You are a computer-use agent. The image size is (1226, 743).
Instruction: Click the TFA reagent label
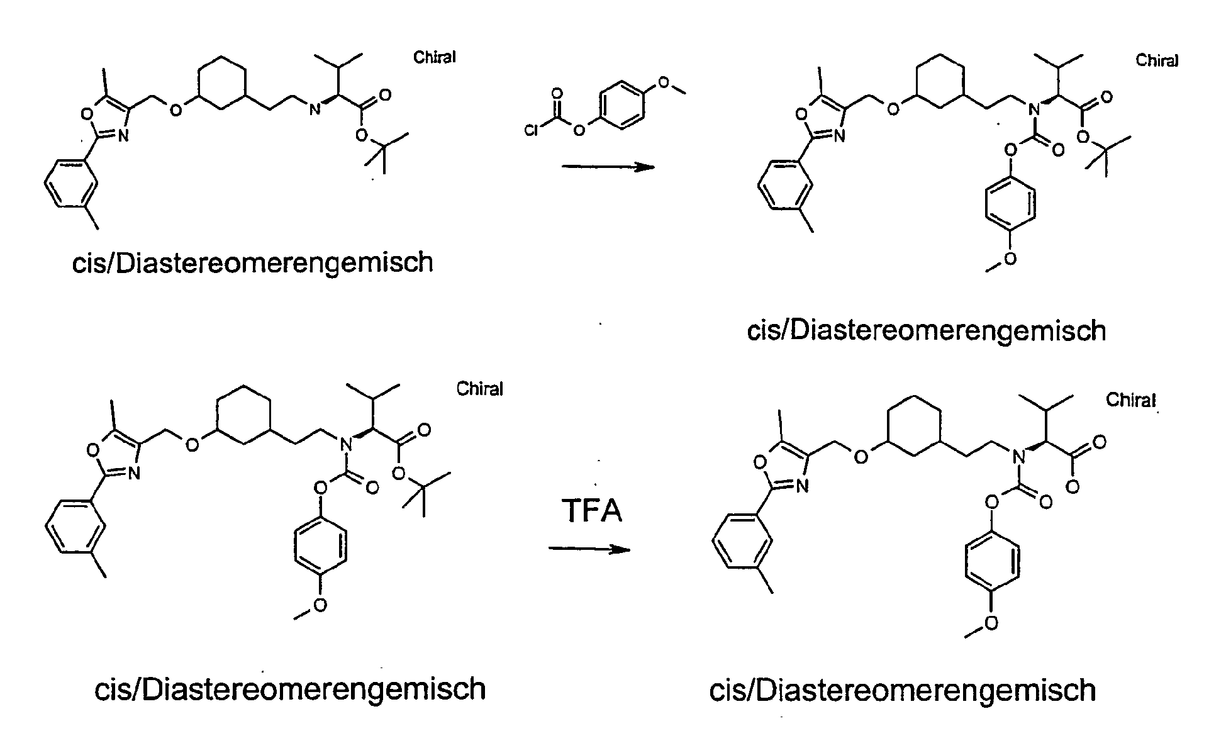click(592, 510)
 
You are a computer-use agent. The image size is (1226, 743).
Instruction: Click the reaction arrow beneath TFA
click(589, 549)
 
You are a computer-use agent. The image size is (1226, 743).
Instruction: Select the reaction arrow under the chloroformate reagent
click(608, 167)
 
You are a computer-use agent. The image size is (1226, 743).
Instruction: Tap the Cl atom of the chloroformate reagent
click(532, 130)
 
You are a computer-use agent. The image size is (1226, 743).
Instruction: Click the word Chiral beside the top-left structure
click(434, 57)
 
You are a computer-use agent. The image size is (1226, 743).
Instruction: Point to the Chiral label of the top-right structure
click(1156, 60)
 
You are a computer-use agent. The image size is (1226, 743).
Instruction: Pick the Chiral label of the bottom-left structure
click(479, 389)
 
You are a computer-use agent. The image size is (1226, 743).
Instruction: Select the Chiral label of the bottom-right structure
click(1130, 400)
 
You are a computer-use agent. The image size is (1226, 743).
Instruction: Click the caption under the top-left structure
click(253, 262)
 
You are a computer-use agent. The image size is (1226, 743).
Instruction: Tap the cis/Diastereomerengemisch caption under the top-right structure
click(926, 330)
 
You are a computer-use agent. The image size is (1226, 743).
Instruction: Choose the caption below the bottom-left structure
click(290, 689)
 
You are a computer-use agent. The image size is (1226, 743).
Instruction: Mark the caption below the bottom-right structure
click(902, 690)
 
